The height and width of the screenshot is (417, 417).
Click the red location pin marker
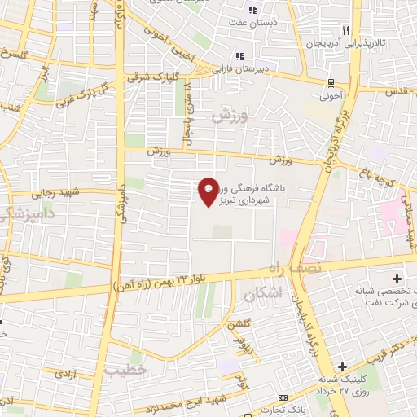[209, 191]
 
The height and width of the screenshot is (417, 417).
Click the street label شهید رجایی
[54, 194]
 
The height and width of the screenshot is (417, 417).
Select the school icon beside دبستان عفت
[252, 11]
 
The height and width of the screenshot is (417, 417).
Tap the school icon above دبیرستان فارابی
[239, 56]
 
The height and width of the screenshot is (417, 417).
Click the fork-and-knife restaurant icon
[346, 29]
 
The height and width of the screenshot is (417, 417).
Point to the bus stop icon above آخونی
[331, 81]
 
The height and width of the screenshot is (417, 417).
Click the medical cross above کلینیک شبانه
[343, 367]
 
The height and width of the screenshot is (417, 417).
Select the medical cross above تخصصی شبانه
[396, 279]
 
